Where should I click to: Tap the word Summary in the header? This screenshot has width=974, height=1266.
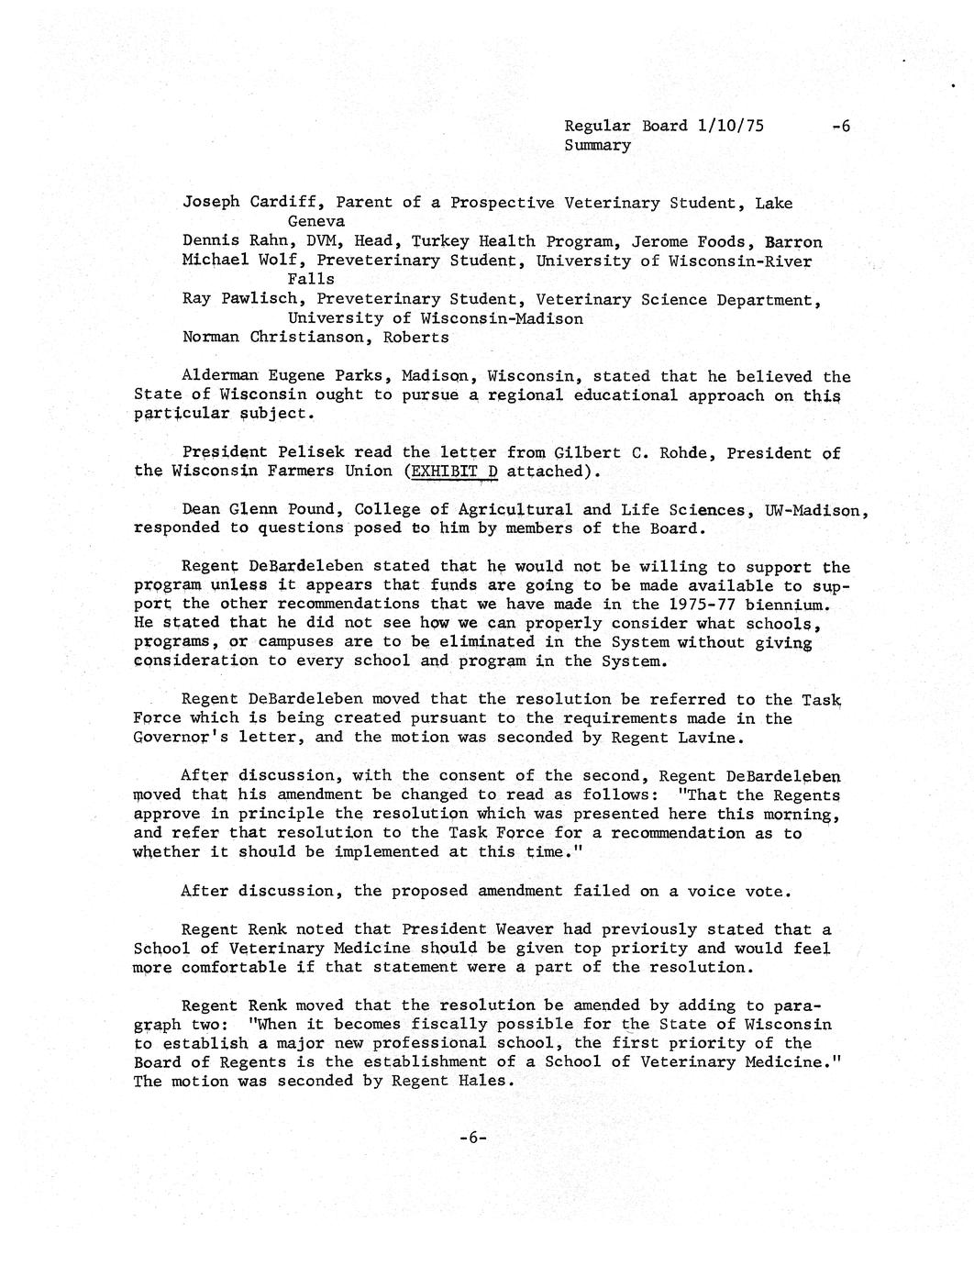tap(597, 145)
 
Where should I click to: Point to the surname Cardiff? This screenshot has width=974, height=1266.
tap(288, 203)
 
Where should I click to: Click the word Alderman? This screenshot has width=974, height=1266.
tap(219, 376)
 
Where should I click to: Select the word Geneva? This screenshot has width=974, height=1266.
tap(316, 222)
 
